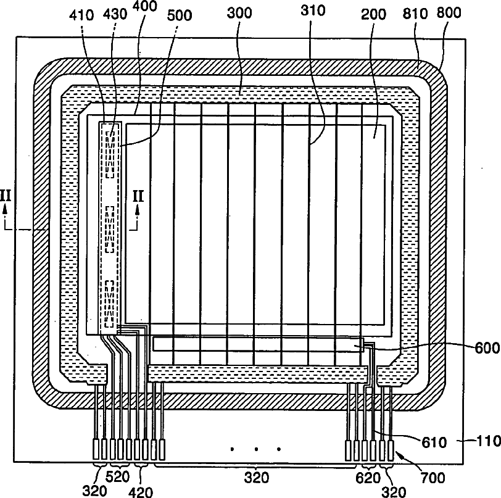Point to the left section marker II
pos(8,196)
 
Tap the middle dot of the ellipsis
pos(255,449)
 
